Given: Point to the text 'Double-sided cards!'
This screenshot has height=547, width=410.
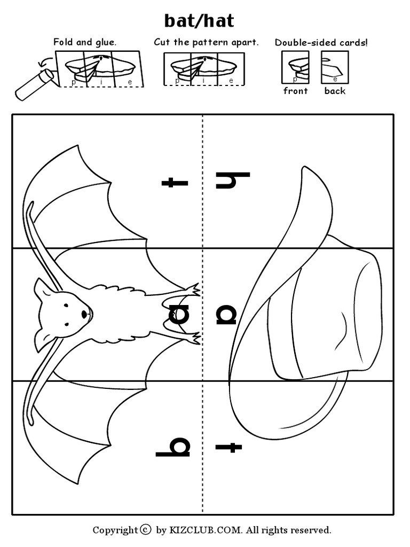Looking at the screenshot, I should pos(321,42).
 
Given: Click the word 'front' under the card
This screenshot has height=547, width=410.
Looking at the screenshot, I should pos(295,91).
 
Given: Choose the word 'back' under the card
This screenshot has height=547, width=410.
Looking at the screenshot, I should pos(335,91).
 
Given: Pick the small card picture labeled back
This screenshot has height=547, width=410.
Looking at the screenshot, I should pos(334,67).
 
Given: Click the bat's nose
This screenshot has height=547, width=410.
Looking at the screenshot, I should pos(84,314).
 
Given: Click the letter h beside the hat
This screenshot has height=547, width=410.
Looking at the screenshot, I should pos(233,180).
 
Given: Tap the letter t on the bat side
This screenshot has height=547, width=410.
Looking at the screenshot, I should pos(175,183).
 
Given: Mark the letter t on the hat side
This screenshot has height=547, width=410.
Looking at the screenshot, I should pos(228,447).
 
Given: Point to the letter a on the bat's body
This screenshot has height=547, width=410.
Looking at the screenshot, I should pos(179,315).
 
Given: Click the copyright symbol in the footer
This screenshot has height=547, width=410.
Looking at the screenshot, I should pos(146,530).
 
